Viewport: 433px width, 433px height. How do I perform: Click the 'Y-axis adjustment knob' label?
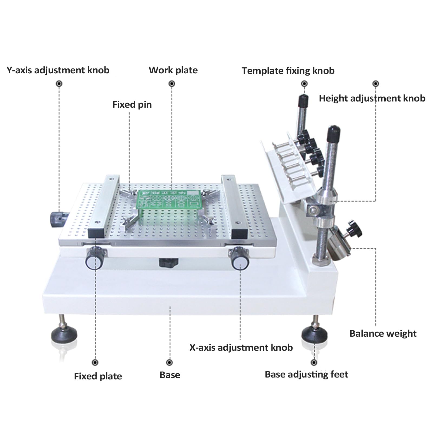tap(58, 70)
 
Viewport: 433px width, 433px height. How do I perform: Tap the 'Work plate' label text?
tap(173, 70)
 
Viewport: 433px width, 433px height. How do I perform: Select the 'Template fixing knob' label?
tap(288, 71)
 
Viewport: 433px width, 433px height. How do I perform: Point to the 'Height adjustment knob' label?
tap(372, 98)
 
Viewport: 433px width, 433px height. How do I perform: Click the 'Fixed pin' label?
tap(132, 105)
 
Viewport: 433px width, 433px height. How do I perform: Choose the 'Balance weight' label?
tap(383, 333)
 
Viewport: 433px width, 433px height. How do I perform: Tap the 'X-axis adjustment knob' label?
tap(241, 347)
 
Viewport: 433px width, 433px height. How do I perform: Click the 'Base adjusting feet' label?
tap(306, 374)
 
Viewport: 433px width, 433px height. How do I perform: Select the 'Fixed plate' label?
tap(98, 376)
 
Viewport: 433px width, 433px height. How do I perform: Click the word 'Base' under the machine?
tap(170, 375)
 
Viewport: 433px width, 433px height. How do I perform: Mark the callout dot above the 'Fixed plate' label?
tap(95, 362)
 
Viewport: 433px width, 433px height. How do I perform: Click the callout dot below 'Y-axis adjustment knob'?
tap(59, 84)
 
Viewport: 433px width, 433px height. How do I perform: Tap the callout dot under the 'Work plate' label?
tap(172, 84)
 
